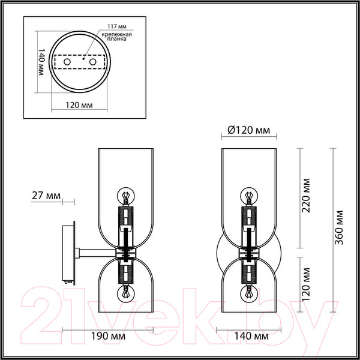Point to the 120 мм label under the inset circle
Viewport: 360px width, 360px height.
tap(78, 105)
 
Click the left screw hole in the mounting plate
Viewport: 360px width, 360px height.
tap(67, 62)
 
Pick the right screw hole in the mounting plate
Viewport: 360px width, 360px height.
tap(92, 62)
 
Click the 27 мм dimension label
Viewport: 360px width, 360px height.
tap(46, 196)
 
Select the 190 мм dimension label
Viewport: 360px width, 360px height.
tap(109, 338)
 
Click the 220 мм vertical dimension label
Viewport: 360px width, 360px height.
tap(307, 196)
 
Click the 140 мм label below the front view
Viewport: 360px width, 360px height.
tap(247, 338)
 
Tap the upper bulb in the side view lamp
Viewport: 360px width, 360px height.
tap(126, 196)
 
